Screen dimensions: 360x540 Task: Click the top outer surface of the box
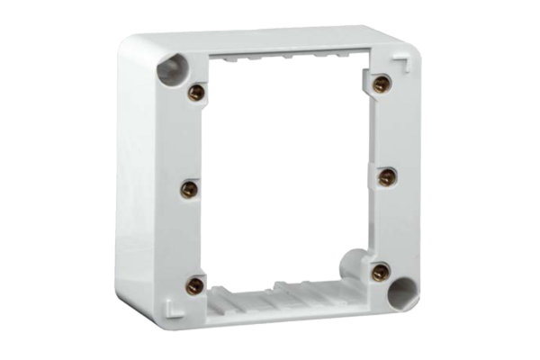pyautogui.click(x=270, y=35)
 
